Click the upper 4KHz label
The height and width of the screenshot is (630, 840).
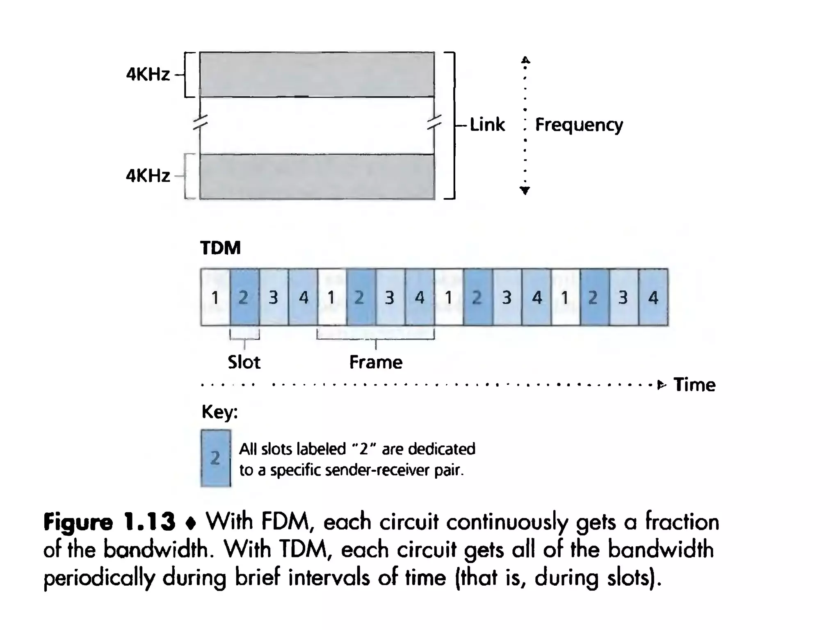point(148,75)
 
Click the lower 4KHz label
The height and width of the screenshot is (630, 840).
point(148,176)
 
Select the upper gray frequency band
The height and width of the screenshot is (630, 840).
point(317,75)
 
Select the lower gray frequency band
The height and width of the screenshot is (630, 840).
point(317,177)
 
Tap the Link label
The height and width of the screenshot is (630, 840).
point(487,124)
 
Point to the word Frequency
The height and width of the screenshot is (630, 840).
point(579,125)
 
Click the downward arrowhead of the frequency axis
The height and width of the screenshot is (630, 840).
point(525,190)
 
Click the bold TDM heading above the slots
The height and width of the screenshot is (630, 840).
point(220,248)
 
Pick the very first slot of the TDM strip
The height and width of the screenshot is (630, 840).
point(215,297)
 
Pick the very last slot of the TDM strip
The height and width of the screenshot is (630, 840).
point(653,297)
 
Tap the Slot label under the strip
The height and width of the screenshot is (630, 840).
point(244,362)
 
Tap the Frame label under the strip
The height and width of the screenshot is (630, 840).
point(376,362)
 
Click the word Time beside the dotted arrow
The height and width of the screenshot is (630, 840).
point(694,385)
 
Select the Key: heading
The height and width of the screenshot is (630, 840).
point(219,411)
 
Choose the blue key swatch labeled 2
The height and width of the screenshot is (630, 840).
point(216,458)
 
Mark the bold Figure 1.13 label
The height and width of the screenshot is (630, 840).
point(109,522)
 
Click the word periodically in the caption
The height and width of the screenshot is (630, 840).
point(99,578)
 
